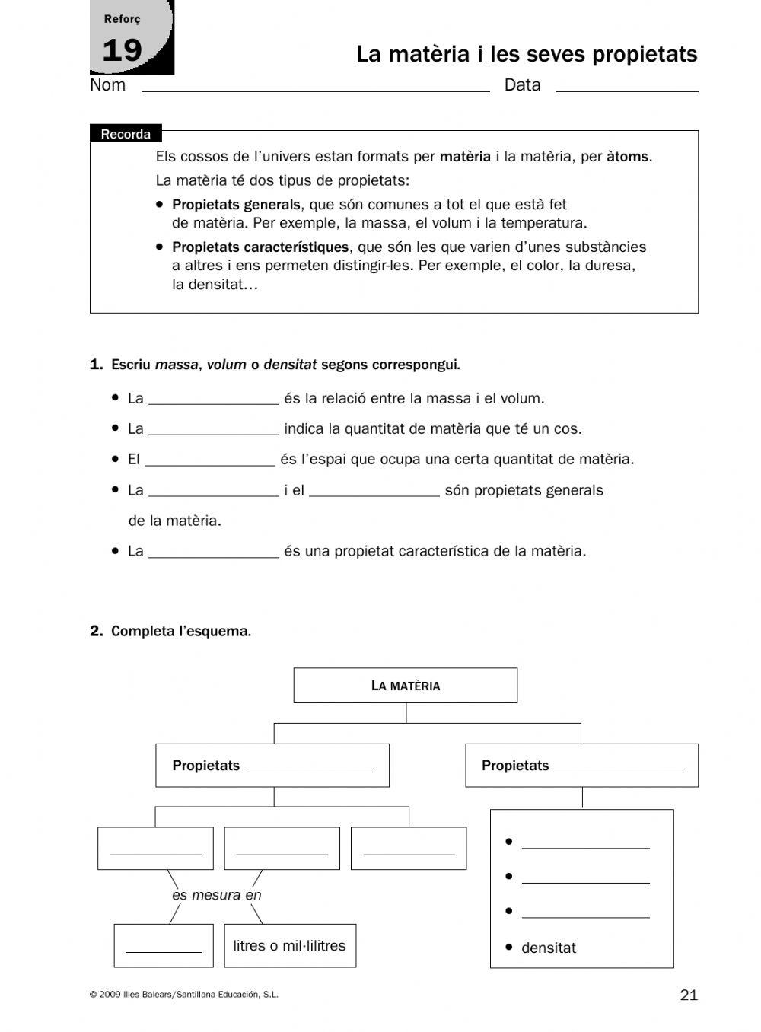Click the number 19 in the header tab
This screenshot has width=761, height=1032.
(x=122, y=51)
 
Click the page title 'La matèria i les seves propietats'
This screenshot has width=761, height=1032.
(x=526, y=55)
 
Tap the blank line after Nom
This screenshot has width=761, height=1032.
(x=315, y=87)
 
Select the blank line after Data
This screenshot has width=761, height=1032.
(x=626, y=87)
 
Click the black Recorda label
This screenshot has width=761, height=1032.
(x=126, y=135)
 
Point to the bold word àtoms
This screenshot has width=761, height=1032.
(x=628, y=157)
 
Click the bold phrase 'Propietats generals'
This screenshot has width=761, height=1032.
(x=236, y=205)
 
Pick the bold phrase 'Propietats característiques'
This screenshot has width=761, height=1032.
(x=260, y=247)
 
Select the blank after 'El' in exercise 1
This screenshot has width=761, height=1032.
(x=209, y=460)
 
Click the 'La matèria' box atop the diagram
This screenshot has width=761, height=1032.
(x=405, y=686)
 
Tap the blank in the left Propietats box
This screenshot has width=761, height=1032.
(x=308, y=767)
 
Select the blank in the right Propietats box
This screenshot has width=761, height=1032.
(x=618, y=767)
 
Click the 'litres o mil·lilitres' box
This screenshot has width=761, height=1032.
(x=289, y=946)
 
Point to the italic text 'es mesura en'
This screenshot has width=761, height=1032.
(x=216, y=896)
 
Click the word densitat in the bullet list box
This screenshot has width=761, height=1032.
(x=548, y=948)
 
